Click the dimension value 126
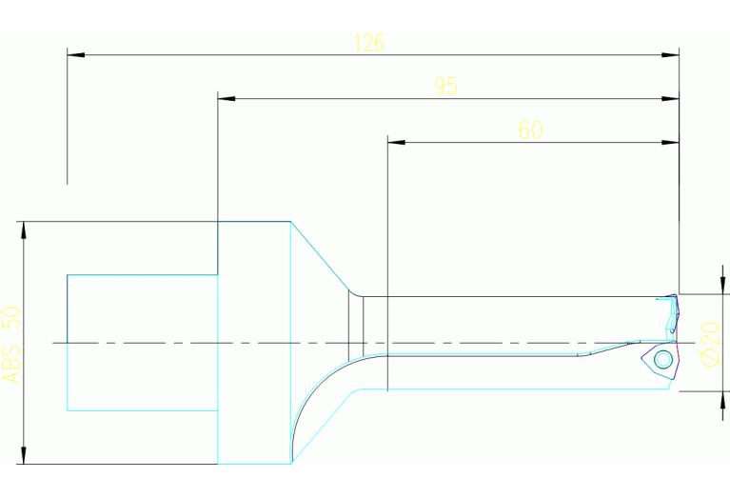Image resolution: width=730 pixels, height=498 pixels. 369,43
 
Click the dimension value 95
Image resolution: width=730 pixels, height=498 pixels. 446,87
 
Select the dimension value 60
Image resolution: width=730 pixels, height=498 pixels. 531,129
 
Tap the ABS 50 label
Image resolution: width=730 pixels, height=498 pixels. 12,345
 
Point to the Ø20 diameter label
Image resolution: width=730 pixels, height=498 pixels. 711,344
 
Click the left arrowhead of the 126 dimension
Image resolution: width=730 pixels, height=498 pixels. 76,55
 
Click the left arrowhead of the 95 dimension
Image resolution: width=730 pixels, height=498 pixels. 227,99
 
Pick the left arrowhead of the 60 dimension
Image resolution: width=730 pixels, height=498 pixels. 396,142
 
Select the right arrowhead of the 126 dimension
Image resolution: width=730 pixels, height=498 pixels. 670,55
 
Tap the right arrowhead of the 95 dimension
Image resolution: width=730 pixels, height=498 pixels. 670,99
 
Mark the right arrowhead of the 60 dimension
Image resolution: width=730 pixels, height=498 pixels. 670,142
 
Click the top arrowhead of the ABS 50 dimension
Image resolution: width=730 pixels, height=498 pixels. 24,230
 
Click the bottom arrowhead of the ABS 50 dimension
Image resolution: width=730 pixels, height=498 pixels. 24,455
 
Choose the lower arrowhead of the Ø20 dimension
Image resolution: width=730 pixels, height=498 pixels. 722,400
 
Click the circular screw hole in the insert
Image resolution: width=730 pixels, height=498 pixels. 662,359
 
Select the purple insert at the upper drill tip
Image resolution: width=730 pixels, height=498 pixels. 674,313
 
